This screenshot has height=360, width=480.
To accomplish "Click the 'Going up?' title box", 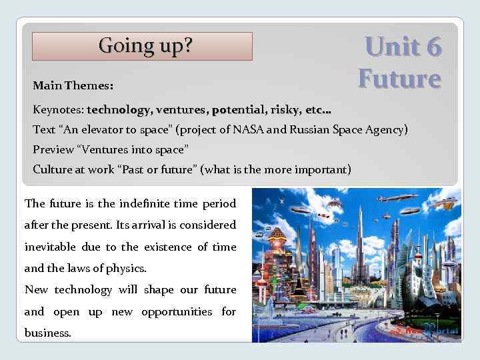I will pyautogui.click(x=143, y=47).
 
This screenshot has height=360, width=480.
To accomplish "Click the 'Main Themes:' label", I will pyautogui.click(x=73, y=86).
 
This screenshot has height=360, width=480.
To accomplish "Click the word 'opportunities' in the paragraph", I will pyautogui.click(x=176, y=311).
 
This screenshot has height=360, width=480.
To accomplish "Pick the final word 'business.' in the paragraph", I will pyautogui.click(x=47, y=333).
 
